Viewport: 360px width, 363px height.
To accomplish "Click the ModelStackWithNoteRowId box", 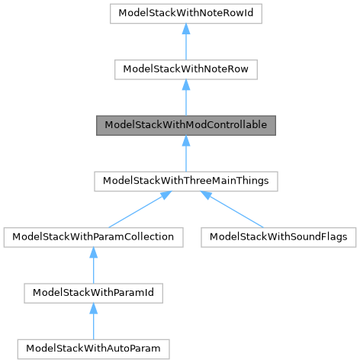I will [x=185, y=14].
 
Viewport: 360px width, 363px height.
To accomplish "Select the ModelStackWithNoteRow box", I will [x=185, y=69].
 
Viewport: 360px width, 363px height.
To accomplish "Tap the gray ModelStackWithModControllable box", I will [x=185, y=125].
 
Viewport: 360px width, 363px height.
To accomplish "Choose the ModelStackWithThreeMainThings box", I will [x=185, y=181].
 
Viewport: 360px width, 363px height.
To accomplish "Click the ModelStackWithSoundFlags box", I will [x=278, y=236].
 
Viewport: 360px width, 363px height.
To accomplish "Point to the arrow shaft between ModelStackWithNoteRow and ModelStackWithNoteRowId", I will [x=185, y=46].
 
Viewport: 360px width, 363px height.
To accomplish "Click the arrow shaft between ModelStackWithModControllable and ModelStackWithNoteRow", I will [x=185, y=101].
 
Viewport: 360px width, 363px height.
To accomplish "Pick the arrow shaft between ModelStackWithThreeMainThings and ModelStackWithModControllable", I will [x=185, y=157].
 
